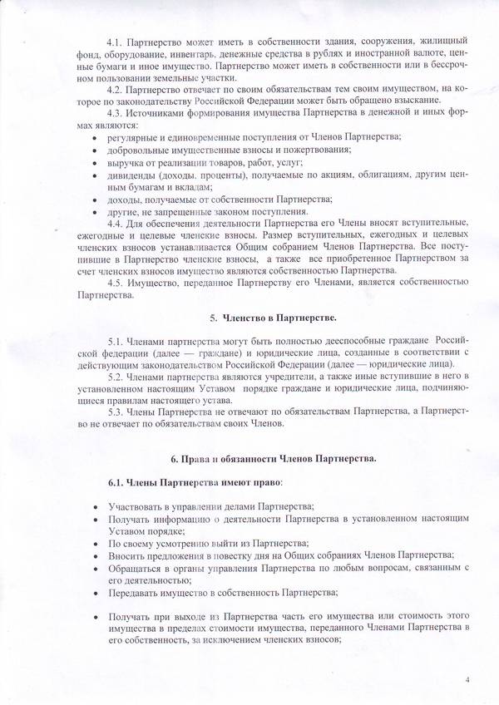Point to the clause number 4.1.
[116, 40]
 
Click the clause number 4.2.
[116, 86]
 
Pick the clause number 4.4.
[116, 224]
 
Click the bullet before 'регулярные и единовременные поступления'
[97, 136]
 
